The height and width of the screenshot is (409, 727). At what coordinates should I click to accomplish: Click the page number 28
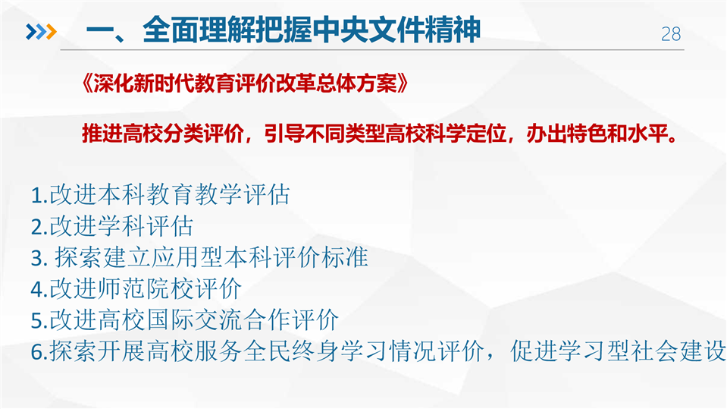coord(671,34)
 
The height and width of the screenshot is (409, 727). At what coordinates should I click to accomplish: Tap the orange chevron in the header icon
coord(51,32)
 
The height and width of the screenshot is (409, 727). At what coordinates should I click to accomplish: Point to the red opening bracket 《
coord(86,84)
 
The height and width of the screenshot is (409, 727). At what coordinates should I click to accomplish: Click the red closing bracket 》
coord(403,84)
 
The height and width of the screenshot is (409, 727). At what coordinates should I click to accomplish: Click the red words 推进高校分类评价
coord(163,134)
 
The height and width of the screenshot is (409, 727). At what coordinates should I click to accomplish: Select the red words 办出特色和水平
coord(597,134)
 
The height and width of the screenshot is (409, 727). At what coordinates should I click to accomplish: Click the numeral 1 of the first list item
coord(36,196)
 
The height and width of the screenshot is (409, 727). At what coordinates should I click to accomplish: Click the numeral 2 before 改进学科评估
coord(36,227)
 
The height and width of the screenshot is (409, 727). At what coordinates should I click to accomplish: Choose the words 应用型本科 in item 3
coord(212,257)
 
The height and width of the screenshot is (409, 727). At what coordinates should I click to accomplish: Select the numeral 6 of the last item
coord(36,352)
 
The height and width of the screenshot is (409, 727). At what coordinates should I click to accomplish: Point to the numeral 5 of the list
coord(36,321)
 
